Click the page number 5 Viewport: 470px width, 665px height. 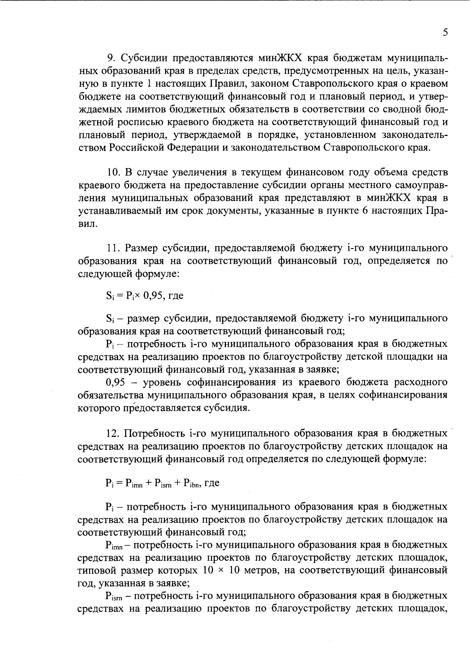click(445, 33)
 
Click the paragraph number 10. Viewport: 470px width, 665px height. click(113, 172)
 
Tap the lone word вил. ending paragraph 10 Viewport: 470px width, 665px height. click(87, 224)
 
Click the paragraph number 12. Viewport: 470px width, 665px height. click(113, 433)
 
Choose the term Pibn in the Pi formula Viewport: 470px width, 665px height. click(191, 484)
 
